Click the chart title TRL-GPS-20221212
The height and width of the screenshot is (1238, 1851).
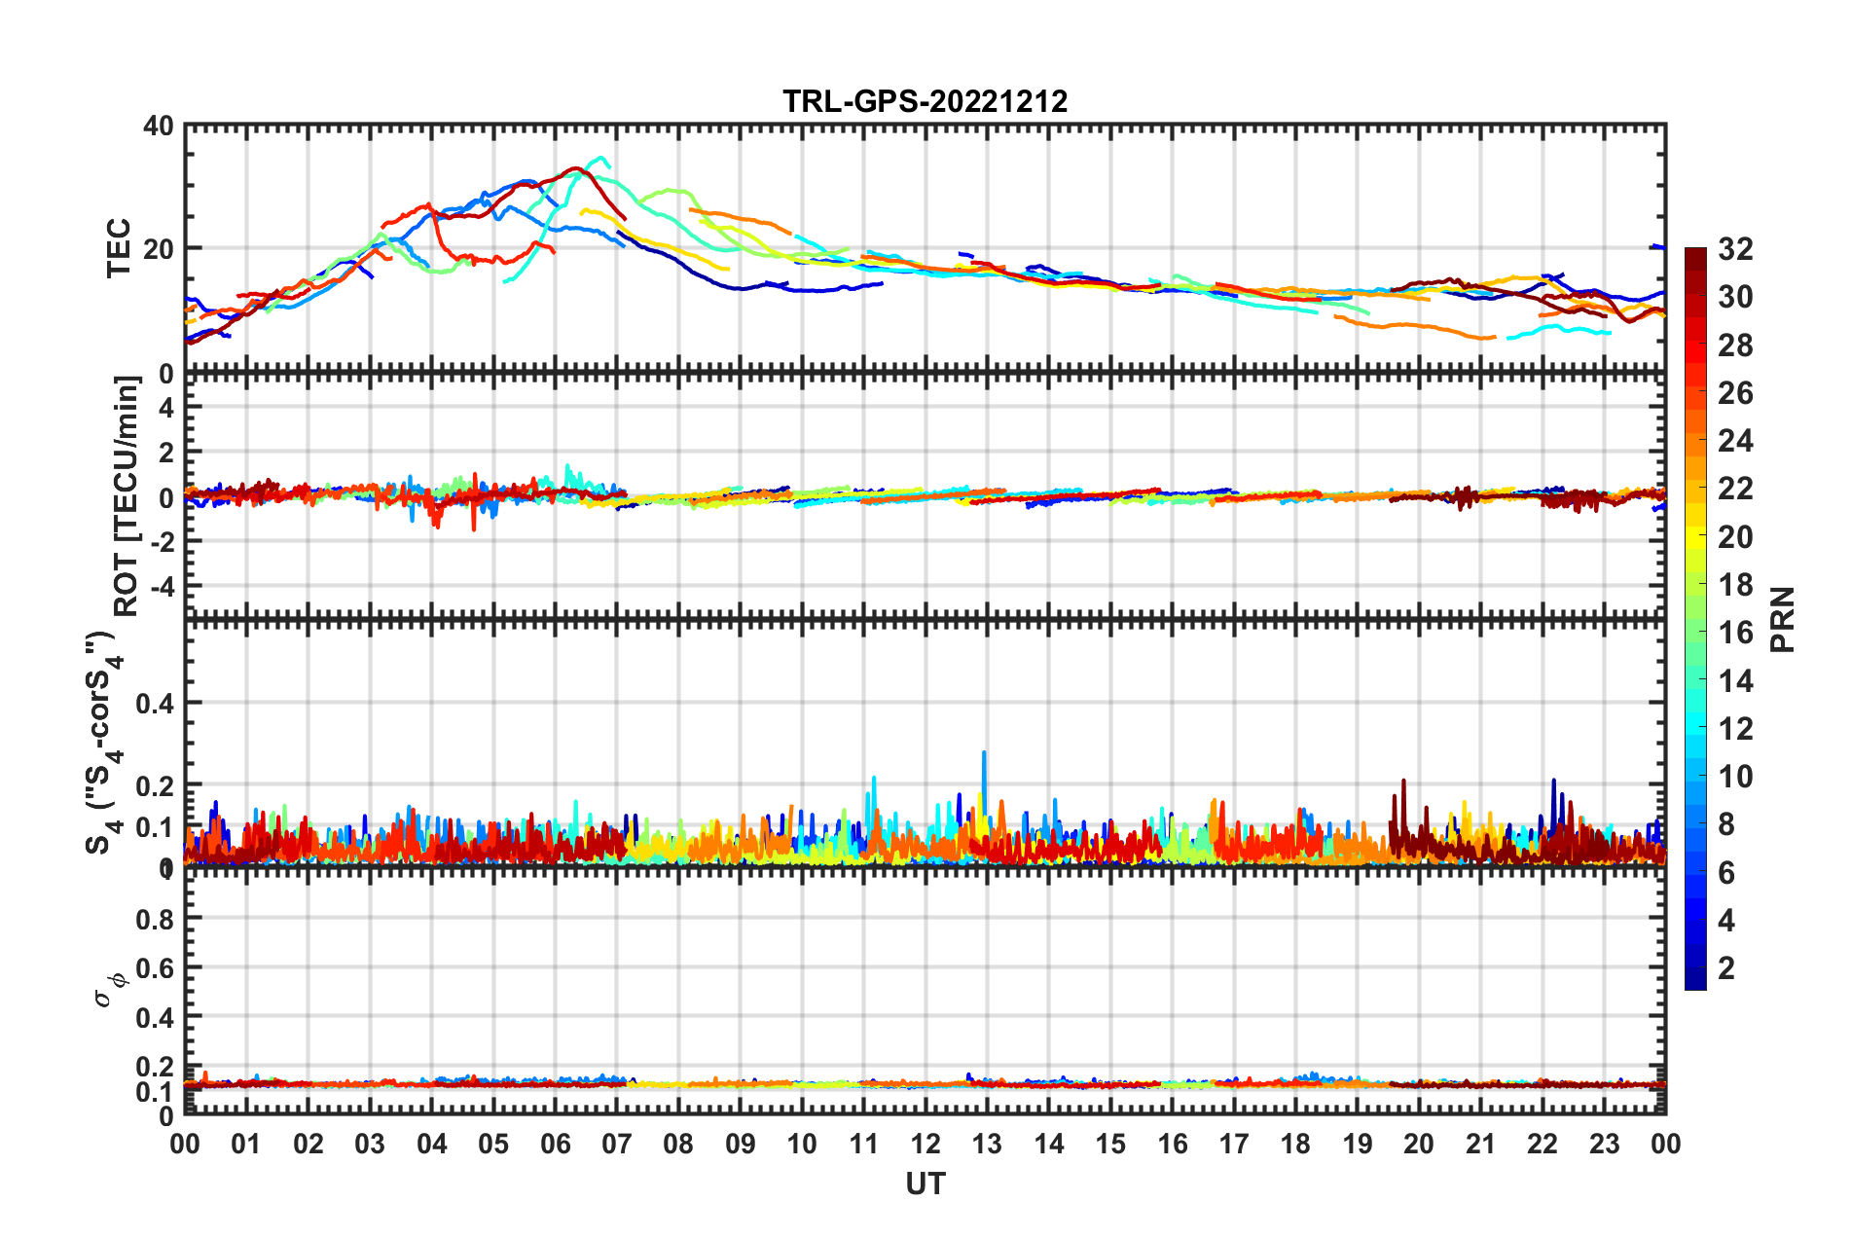click(x=925, y=101)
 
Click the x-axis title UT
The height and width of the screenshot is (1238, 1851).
click(x=925, y=1183)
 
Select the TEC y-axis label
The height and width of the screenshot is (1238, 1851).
click(x=119, y=248)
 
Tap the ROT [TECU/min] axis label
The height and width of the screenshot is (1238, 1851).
click(x=127, y=496)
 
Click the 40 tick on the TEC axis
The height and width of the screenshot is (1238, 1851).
click(x=159, y=126)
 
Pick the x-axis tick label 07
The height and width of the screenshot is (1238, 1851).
click(x=616, y=1145)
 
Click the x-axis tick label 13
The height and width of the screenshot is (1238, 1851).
click(x=987, y=1145)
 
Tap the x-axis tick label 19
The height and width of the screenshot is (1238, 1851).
click(x=1357, y=1145)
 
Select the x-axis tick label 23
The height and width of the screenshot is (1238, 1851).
click(x=1604, y=1145)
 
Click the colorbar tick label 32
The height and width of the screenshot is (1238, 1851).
click(x=1735, y=249)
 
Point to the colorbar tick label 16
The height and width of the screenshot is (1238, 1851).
click(x=1735, y=633)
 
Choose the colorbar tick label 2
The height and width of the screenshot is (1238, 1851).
click(x=1726, y=967)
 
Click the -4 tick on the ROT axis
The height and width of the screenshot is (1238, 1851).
click(x=161, y=587)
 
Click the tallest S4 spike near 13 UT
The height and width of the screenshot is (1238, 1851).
click(x=984, y=752)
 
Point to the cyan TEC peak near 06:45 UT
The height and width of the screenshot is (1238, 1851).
click(x=602, y=158)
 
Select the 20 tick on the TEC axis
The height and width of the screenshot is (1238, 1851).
click(x=159, y=249)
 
